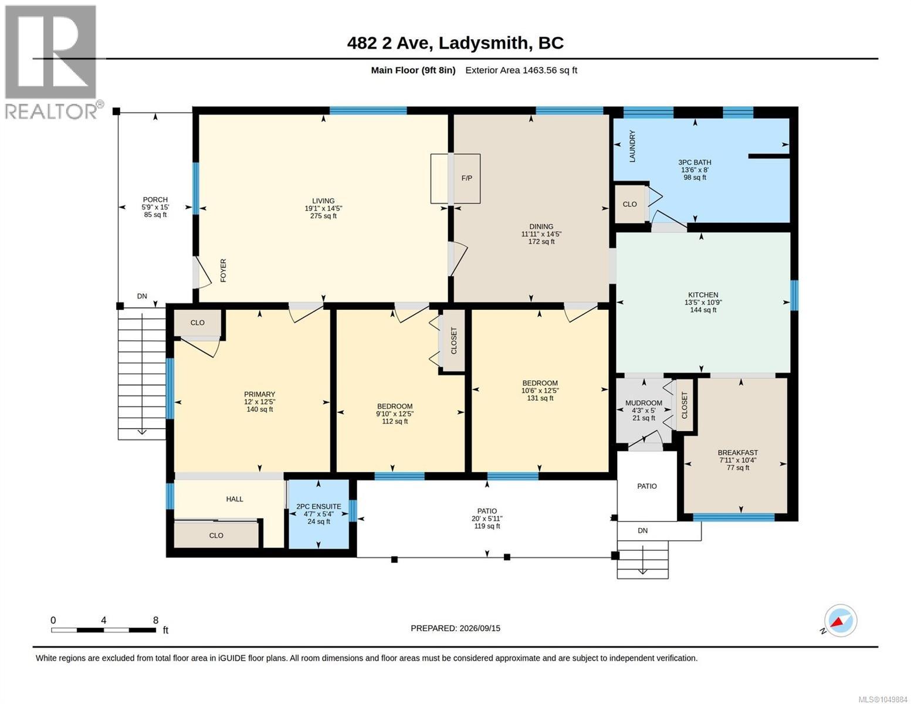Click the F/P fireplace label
tap(466, 178)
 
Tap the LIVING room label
tap(323, 201)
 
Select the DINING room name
tap(541, 226)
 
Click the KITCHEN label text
tap(703, 295)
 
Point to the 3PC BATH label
tap(695, 163)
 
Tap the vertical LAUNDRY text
tap(632, 146)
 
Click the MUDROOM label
tap(644, 403)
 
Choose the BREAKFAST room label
tap(738, 452)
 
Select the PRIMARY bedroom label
tap(259, 394)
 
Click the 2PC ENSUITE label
tap(319, 506)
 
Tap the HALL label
tap(235, 499)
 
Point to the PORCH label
tap(155, 199)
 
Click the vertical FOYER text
tap(223, 270)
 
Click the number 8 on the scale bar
tap(155, 620)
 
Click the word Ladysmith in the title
tap(483, 43)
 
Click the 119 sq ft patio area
tap(487, 526)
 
